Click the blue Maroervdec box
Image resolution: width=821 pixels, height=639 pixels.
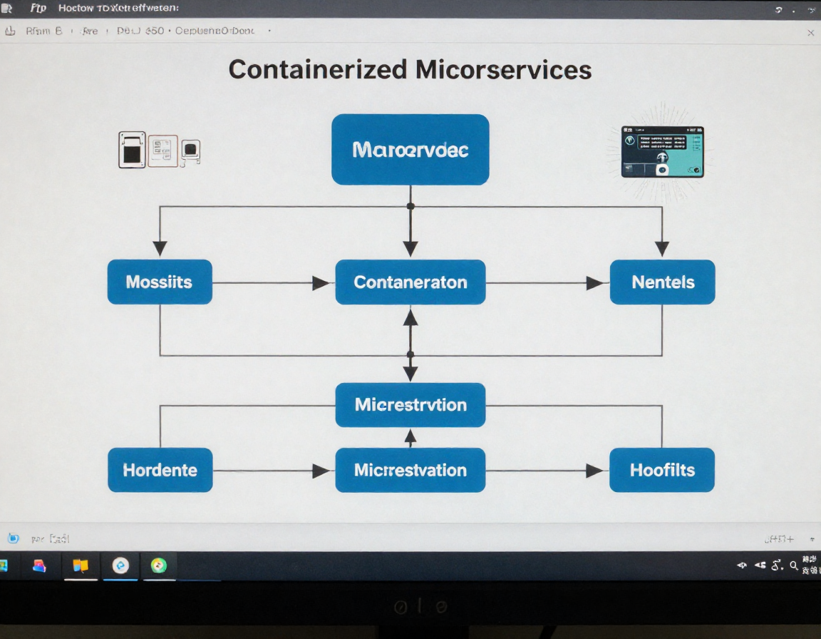pyautogui.click(x=410, y=150)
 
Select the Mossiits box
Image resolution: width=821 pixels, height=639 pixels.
pyautogui.click(x=160, y=282)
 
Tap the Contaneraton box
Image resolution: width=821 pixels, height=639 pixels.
pyautogui.click(x=410, y=282)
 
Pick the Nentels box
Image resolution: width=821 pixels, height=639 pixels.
pyautogui.click(x=663, y=282)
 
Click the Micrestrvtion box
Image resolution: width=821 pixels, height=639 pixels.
pyautogui.click(x=410, y=405)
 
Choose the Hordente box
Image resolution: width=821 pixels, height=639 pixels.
pyautogui.click(x=160, y=470)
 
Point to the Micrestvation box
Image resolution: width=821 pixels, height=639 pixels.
pyautogui.click(x=410, y=470)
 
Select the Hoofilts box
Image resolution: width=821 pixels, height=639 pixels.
pyautogui.click(x=662, y=470)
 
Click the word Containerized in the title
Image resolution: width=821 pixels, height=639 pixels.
pyautogui.click(x=318, y=69)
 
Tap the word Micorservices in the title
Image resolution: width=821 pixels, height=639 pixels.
pyautogui.click(x=503, y=69)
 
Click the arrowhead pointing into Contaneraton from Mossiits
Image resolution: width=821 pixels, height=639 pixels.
pyautogui.click(x=321, y=283)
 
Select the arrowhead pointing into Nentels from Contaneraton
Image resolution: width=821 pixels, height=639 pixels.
pyautogui.click(x=595, y=283)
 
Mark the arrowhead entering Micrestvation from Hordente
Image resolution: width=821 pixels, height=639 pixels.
pyautogui.click(x=321, y=471)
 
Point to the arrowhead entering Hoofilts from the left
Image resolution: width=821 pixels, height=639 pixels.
pyautogui.click(x=594, y=471)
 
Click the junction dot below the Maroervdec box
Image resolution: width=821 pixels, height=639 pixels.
pyautogui.click(x=410, y=206)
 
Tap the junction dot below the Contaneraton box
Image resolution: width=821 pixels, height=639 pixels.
pyautogui.click(x=410, y=354)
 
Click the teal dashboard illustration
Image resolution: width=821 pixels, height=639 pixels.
pyautogui.click(x=662, y=152)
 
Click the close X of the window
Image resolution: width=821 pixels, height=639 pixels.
pyautogui.click(x=810, y=33)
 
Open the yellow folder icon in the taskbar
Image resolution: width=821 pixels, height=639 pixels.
pyautogui.click(x=81, y=566)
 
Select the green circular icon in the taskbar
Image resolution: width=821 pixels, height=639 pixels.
pyautogui.click(x=158, y=566)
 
